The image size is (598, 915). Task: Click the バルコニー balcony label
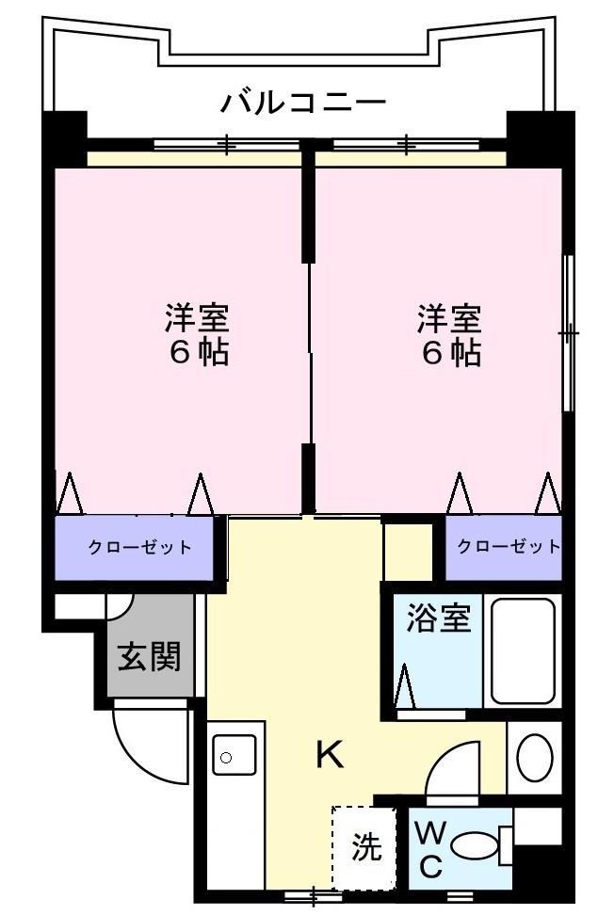tap(303, 101)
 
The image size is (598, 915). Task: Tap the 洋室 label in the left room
tap(198, 318)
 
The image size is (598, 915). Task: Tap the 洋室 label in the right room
tap(450, 318)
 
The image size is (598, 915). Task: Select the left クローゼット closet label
tap(139, 548)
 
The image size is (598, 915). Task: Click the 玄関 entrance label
tap(149, 656)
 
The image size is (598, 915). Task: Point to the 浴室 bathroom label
tap(438, 621)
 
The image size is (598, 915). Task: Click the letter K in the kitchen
tap(329, 754)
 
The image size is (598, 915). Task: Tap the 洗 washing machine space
tap(366, 847)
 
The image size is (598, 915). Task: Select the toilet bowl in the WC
tap(475, 845)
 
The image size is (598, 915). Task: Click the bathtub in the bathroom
tap(523, 650)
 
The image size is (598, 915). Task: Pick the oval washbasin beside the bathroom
tap(535, 757)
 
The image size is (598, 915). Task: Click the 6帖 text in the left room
tap(198, 353)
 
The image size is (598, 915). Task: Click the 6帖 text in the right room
tap(450, 353)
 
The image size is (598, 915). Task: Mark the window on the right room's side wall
tap(568, 333)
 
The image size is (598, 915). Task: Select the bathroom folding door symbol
tap(405, 686)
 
